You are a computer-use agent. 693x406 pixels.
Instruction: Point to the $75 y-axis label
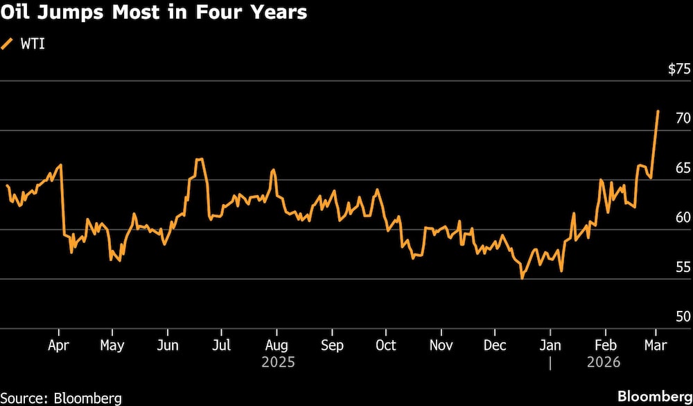tap(678, 69)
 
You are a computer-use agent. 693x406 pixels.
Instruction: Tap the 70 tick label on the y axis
tap(682, 119)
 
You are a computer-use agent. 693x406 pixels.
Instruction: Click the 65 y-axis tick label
tap(682, 168)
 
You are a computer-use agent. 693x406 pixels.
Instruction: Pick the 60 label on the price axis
tap(682, 217)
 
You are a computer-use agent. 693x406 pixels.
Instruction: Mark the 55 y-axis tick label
tap(682, 267)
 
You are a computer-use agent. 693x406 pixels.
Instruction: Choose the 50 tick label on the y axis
tap(682, 316)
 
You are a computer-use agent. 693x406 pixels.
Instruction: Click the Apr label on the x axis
tap(58, 346)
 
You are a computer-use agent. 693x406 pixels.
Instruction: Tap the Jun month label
tap(167, 346)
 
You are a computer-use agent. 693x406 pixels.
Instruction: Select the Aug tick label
tap(277, 346)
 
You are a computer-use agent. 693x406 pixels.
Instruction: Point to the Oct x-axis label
tap(385, 346)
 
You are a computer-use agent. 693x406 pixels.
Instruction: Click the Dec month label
tap(495, 346)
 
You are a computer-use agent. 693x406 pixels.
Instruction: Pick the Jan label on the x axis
tap(550, 346)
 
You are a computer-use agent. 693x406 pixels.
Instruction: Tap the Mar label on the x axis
tap(656, 346)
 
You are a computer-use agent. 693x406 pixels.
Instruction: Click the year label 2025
tap(278, 362)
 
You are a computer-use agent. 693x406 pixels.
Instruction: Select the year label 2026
tap(604, 362)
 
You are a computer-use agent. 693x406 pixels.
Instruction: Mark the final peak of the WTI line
tap(658, 111)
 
